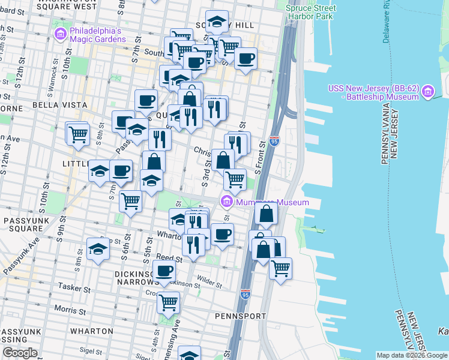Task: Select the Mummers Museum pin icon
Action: point(226,201)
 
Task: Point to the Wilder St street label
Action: point(209,280)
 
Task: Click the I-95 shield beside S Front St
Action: point(274,142)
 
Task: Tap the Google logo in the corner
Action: point(20,353)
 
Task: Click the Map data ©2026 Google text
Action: point(411,355)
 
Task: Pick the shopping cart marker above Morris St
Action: point(169,302)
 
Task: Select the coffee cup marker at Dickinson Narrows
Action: point(163,270)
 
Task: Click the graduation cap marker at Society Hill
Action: point(217,22)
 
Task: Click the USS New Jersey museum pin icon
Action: point(427,91)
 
